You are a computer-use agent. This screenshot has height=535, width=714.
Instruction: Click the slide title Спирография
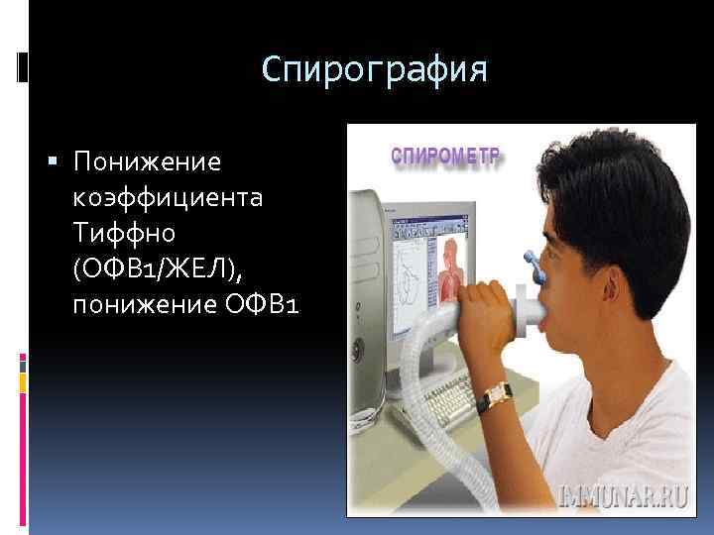(x=375, y=70)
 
